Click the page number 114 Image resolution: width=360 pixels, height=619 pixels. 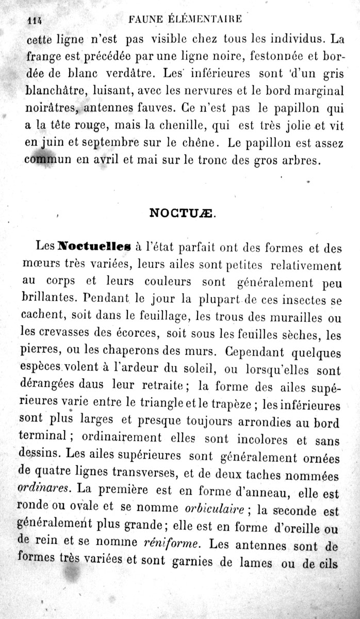pyautogui.click(x=34, y=21)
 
